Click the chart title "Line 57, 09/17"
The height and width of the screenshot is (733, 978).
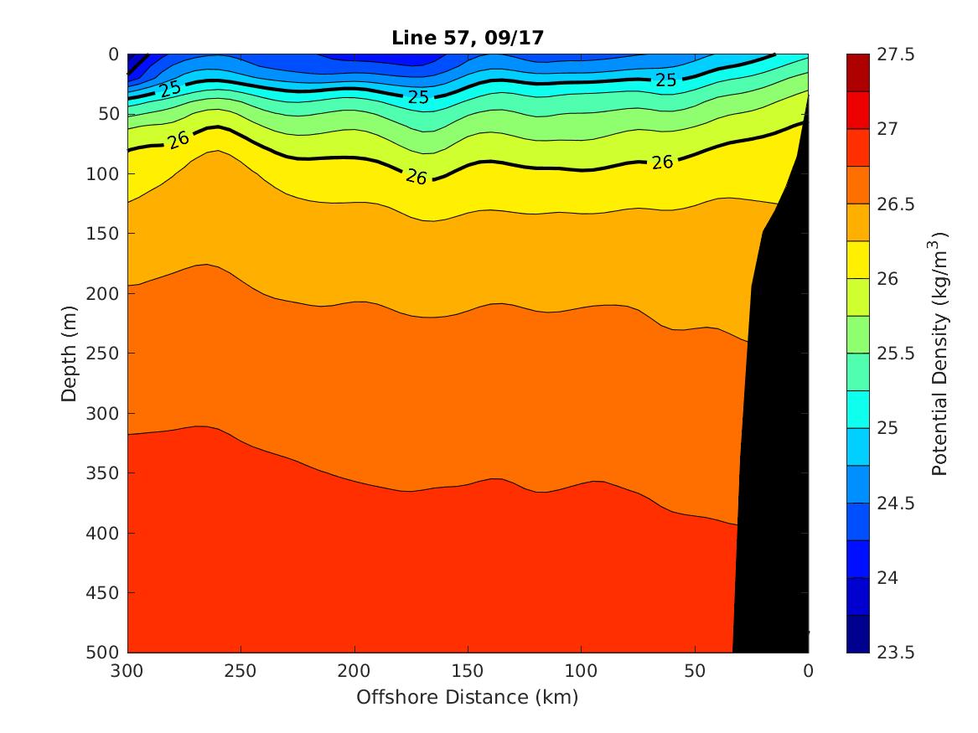point(468,38)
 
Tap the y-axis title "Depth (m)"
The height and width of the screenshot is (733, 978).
point(70,353)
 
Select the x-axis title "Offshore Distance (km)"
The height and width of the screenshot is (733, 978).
point(468,697)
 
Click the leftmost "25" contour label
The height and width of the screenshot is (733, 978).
point(171,88)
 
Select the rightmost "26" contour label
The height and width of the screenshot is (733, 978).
point(662,163)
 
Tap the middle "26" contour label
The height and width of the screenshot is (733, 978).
point(417,177)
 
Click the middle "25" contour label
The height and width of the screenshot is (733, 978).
point(418,97)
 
